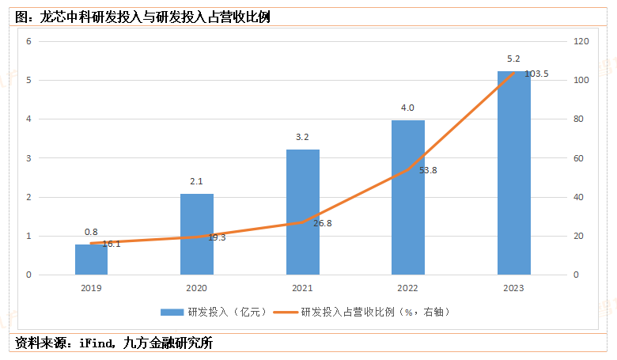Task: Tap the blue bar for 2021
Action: (303, 212)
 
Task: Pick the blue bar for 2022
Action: (408, 198)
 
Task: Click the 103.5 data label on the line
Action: (536, 74)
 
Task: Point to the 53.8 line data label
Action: (427, 169)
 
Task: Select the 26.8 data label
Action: (322, 223)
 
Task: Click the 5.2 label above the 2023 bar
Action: (513, 59)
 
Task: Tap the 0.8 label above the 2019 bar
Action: (91, 232)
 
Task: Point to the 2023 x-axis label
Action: (513, 289)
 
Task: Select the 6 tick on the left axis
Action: (28, 41)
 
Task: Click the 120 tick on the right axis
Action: (581, 41)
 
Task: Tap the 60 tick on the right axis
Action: (579, 158)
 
